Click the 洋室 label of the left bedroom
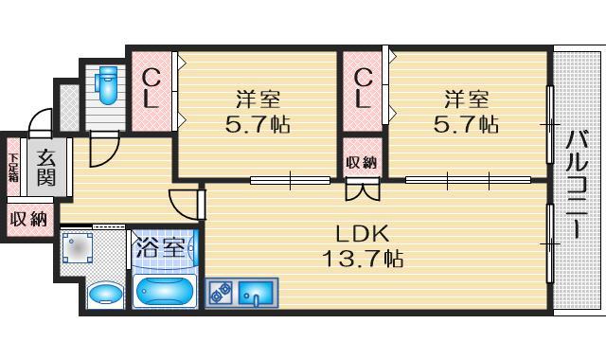pos(258,98)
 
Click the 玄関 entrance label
pos(45,168)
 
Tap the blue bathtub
pos(165,289)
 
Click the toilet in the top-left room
pos(106,87)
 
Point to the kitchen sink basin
pos(255,294)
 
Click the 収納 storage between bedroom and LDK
pos(361,162)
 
